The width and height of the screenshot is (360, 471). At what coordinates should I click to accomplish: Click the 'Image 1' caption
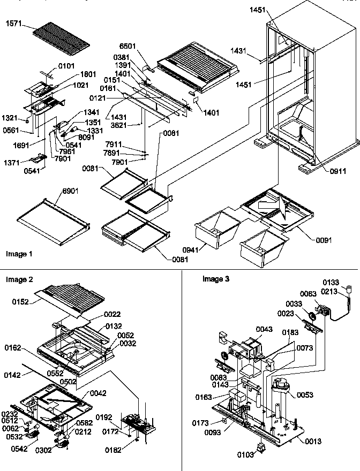click(x=19, y=254)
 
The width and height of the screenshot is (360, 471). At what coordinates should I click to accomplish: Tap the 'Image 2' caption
click(x=19, y=279)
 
